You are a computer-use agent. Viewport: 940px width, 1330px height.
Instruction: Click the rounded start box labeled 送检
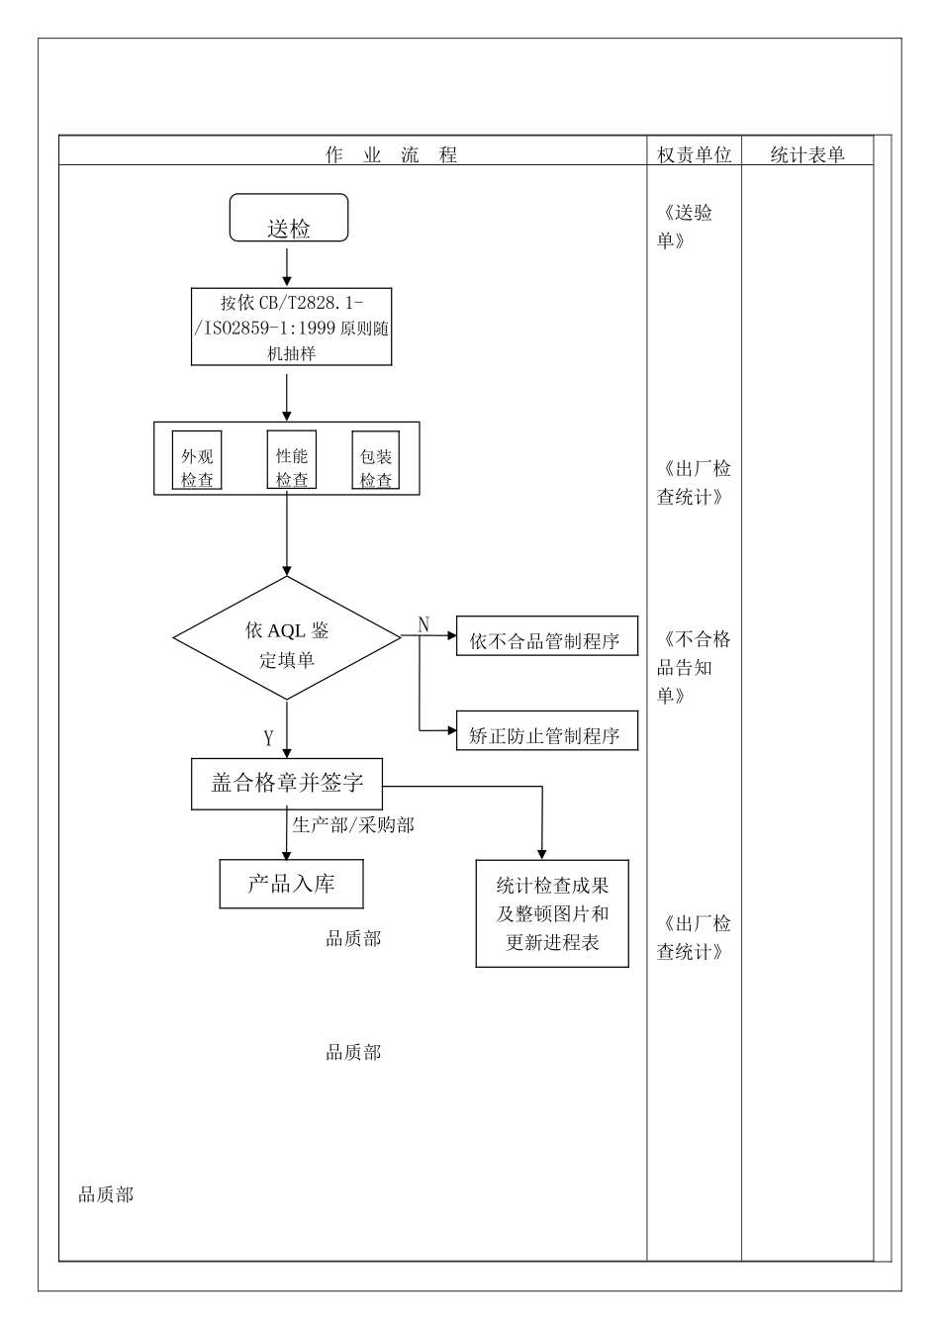289,219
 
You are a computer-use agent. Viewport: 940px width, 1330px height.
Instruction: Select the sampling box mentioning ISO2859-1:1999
291,328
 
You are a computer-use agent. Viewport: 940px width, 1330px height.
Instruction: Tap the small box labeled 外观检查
197,461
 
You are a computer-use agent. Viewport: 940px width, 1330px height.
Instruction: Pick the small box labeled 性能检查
292,460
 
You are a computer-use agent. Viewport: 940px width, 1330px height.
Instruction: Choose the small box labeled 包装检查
376,461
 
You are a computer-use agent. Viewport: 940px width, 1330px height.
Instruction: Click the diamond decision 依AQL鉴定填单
287,638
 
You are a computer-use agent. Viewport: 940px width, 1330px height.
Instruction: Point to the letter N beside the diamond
424,624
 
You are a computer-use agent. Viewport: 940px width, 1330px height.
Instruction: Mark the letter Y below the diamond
268,738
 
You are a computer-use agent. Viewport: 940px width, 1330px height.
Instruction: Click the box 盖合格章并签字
287,784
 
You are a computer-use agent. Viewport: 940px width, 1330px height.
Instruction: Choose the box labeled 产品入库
291,884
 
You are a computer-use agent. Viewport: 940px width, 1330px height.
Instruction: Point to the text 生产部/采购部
353,824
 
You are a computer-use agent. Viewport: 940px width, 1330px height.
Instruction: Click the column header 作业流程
392,154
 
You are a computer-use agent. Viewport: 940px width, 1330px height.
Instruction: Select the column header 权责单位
694,154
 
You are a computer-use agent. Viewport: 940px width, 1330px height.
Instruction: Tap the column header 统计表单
807,154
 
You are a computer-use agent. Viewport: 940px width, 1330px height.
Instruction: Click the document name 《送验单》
685,227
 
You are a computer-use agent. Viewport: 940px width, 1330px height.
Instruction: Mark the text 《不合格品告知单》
694,667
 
